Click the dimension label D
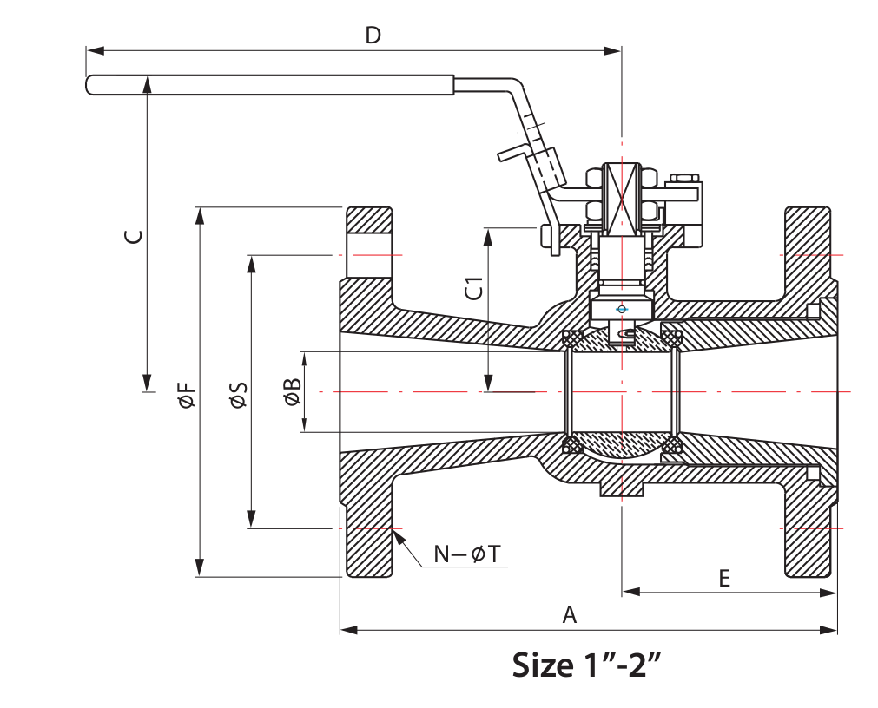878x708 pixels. click(x=373, y=36)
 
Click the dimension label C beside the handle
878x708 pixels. click(x=133, y=236)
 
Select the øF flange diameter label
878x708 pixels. click(x=187, y=394)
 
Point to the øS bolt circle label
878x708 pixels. click(x=239, y=394)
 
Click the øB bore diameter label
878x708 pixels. click(x=293, y=391)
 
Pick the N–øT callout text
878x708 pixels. click(x=467, y=554)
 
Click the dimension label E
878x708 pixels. click(x=724, y=578)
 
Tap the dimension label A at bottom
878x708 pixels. click(x=570, y=614)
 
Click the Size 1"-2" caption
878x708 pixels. click(x=586, y=665)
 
